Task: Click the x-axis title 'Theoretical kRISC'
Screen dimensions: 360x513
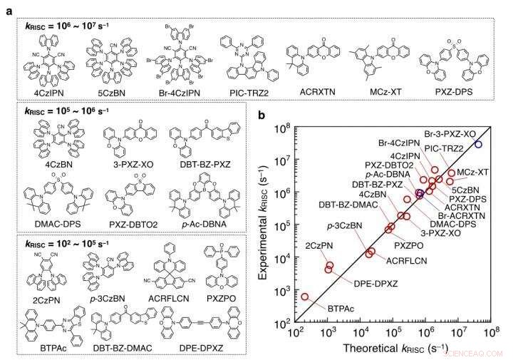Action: click(x=388, y=349)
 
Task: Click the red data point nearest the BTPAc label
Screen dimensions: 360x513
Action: click(x=305, y=296)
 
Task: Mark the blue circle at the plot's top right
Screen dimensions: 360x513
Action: click(x=478, y=144)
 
